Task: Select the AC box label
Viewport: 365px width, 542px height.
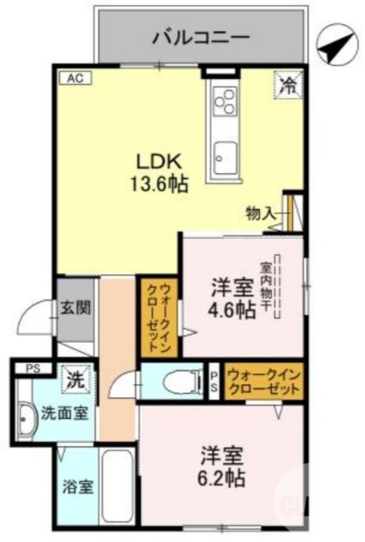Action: click(74, 78)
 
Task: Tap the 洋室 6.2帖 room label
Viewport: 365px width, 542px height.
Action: click(221, 466)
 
